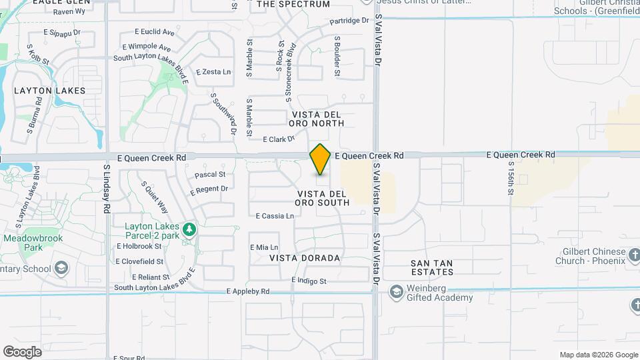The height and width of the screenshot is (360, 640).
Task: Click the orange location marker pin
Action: (x=320, y=159)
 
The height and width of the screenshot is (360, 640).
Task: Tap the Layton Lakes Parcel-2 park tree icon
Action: (x=190, y=229)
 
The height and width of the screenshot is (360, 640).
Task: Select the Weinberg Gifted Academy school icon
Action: (x=397, y=292)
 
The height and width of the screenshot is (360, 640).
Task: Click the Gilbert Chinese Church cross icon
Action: (x=634, y=255)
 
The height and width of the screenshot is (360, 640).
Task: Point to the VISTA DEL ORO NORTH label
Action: (x=317, y=119)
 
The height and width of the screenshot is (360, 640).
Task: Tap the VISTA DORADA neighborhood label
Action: (x=305, y=257)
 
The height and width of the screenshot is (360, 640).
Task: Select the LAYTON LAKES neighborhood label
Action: (x=41, y=90)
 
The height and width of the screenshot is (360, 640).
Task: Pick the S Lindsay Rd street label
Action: (x=107, y=189)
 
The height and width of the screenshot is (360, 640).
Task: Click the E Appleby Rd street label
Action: (x=248, y=291)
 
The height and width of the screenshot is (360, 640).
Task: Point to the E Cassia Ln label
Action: (x=275, y=216)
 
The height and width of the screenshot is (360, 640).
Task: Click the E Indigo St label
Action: (x=309, y=281)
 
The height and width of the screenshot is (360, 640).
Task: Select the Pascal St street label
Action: (x=210, y=175)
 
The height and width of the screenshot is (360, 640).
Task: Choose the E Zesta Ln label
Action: (x=213, y=72)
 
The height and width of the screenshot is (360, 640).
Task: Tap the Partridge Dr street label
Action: (x=349, y=21)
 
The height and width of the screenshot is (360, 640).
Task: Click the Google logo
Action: (x=22, y=351)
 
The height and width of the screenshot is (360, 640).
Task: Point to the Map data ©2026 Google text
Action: (x=598, y=355)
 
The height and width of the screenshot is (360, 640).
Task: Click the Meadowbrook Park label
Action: (x=23, y=243)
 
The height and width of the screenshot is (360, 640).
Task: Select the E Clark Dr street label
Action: (x=279, y=139)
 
